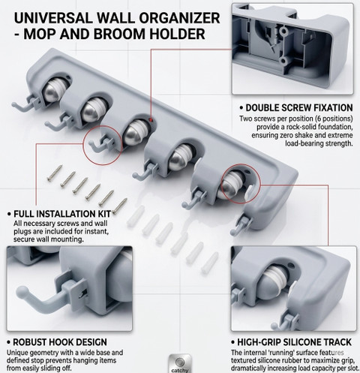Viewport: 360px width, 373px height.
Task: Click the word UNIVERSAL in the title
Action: point(53,18)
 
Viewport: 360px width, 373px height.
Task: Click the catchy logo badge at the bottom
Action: point(180,363)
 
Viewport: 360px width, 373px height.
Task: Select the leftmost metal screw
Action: point(55,173)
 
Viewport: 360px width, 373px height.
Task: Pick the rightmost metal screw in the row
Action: point(119,206)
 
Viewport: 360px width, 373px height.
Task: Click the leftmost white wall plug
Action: point(136,217)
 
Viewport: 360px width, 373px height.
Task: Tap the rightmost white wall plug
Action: point(210,262)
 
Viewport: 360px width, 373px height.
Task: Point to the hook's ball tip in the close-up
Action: point(22,292)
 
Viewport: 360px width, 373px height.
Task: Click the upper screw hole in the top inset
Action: point(284,32)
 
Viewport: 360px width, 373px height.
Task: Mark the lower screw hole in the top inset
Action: point(283,61)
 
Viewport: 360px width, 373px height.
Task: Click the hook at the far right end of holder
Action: point(240,225)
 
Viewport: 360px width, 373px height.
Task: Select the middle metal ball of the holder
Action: point(135,133)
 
